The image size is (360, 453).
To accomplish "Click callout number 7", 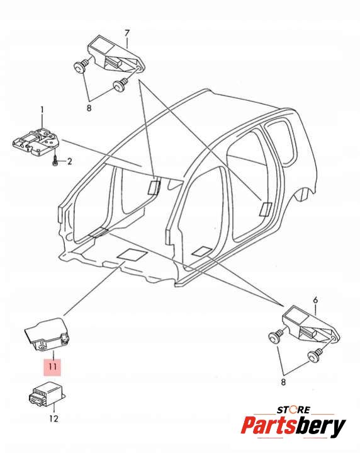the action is [x=127, y=33].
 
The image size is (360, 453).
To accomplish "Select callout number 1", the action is [x=42, y=110].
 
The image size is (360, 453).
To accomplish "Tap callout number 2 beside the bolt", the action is [x=69, y=161].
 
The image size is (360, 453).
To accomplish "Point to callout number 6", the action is [x=315, y=300].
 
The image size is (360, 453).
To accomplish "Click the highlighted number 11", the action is [x=52, y=367].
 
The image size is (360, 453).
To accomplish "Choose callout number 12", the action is [x=53, y=418].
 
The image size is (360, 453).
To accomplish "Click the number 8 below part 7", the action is [x=89, y=108].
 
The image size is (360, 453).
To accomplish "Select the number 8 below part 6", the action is [x=283, y=382].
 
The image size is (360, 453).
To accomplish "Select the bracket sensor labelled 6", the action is [x=310, y=324].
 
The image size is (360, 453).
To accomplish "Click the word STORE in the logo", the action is [x=293, y=410].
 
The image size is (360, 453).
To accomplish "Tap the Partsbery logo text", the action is [x=293, y=425].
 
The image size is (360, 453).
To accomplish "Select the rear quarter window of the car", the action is [x=280, y=144].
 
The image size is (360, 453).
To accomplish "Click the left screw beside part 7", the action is [x=81, y=66].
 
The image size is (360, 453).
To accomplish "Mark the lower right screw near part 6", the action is [x=315, y=355].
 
